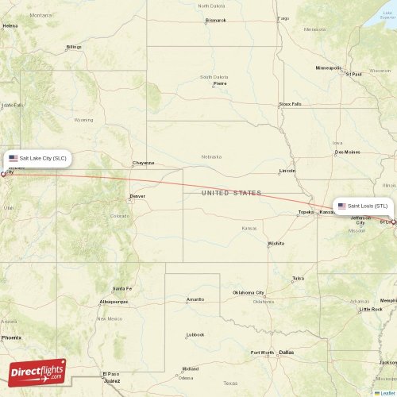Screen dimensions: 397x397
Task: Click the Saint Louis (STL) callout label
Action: [x=363, y=206]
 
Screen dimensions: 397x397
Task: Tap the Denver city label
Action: [x=137, y=195]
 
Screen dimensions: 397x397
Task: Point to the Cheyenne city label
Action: [x=143, y=163]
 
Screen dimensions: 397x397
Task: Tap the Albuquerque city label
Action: [x=113, y=302]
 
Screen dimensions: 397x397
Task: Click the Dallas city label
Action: [x=286, y=352]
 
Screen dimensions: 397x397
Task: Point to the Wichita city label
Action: [x=276, y=243]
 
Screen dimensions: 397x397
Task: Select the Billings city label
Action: [x=74, y=47]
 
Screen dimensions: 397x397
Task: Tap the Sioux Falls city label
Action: [x=290, y=104]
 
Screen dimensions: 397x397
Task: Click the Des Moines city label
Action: [x=347, y=152]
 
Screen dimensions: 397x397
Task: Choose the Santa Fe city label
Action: [x=121, y=288]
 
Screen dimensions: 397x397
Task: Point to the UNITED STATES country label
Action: [x=231, y=193]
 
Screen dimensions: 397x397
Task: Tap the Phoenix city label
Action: [x=11, y=337]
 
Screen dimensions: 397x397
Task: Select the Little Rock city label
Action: [x=370, y=309]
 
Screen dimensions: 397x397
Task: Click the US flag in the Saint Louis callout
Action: [x=341, y=206]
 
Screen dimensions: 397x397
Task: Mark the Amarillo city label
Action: [x=195, y=299]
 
